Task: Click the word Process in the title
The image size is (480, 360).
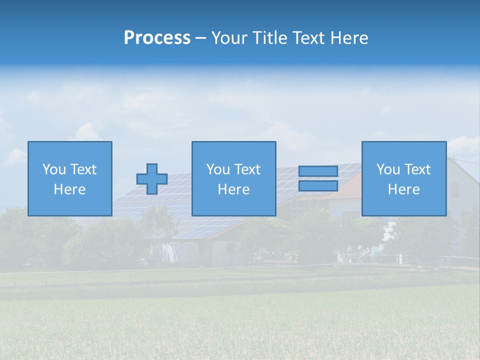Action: click(x=157, y=38)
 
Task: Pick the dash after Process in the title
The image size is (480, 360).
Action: click(x=200, y=38)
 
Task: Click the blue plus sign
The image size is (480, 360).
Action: click(x=152, y=179)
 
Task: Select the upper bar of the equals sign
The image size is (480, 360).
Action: click(x=318, y=171)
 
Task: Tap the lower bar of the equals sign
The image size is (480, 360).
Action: click(x=318, y=186)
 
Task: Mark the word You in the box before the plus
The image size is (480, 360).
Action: click(x=53, y=169)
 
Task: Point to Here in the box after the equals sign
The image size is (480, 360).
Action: click(x=403, y=189)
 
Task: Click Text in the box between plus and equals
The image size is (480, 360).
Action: click(x=247, y=169)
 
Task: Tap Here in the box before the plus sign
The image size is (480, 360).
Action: click(x=69, y=189)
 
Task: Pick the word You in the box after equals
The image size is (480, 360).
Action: click(x=387, y=169)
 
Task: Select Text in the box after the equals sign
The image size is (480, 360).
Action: click(x=418, y=169)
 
